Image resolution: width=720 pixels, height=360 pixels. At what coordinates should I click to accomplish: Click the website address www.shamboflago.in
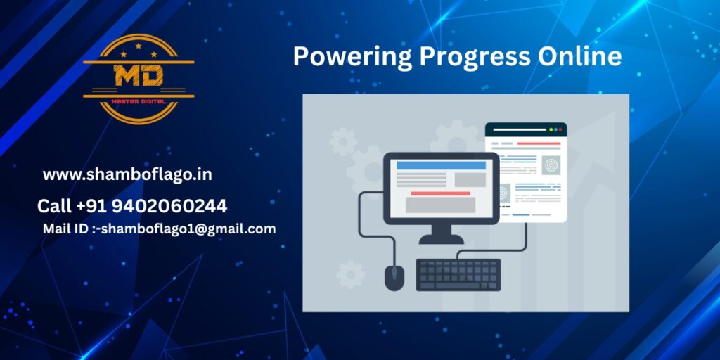[127, 175]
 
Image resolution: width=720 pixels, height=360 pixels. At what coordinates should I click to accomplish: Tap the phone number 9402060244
[169, 206]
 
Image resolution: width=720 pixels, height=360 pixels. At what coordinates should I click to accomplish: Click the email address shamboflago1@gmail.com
[188, 229]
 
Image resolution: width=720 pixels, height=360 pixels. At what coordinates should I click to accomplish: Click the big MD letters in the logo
[139, 76]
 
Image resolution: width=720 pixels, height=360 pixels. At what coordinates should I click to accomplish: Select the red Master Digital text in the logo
[139, 101]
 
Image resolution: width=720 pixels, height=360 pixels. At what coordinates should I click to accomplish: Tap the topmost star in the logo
[139, 46]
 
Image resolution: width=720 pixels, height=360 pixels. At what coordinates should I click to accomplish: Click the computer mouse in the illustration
[394, 278]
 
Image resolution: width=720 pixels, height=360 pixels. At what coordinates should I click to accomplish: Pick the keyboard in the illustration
[458, 275]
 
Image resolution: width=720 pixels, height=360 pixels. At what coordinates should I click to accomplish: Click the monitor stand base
[442, 239]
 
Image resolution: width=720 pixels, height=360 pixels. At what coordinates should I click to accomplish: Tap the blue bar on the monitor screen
[442, 166]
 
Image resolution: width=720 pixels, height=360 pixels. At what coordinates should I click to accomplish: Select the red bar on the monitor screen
[440, 193]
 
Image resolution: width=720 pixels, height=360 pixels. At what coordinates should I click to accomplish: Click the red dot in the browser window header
[560, 130]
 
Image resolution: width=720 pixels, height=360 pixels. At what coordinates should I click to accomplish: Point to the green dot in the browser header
[551, 130]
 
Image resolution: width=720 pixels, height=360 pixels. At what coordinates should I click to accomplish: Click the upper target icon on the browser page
[551, 165]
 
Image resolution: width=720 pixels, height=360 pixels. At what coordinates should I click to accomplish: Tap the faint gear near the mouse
[351, 275]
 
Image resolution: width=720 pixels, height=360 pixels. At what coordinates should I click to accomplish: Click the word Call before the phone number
[55, 206]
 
